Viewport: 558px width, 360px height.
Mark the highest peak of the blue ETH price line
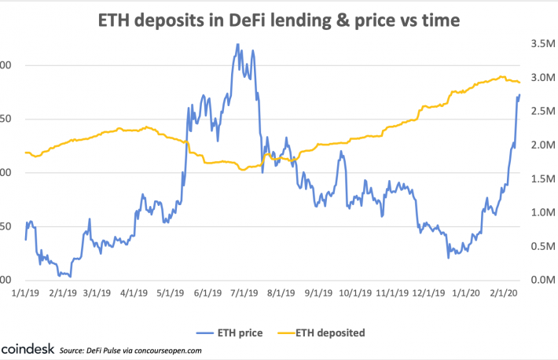(x=238, y=45)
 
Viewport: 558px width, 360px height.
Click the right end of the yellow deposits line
(x=520, y=83)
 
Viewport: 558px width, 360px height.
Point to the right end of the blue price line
(x=519, y=95)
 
